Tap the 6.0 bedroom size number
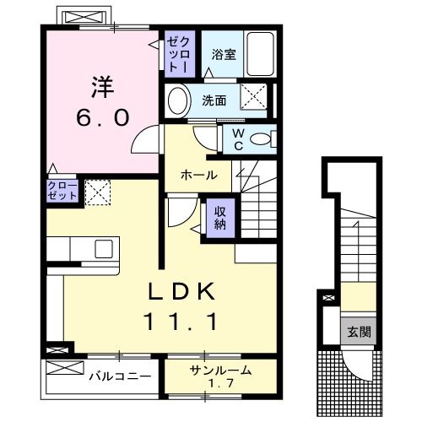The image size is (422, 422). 103,117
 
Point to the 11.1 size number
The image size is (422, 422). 186,322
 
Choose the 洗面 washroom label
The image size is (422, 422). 214,100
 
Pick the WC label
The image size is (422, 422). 237,137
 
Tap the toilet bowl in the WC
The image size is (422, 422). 262,138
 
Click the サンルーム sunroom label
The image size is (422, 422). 221,369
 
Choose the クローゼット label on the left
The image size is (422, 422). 62,191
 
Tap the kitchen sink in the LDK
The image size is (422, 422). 104,248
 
